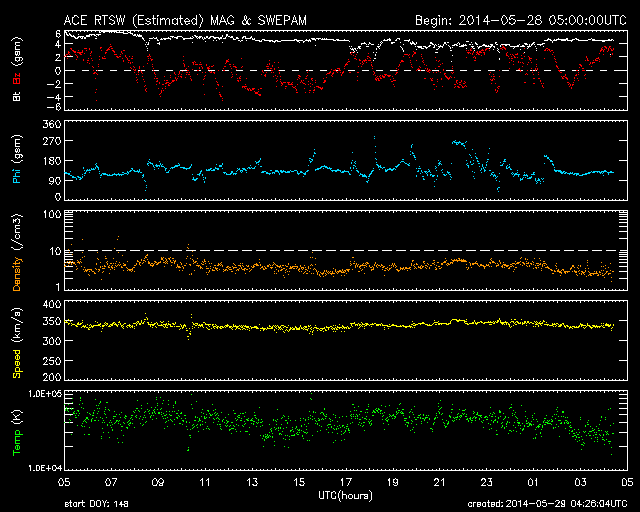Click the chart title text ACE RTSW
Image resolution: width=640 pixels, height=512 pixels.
pos(95,19)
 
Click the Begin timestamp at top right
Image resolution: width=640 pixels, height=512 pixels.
pos(519,19)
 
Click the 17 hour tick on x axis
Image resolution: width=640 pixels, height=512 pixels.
pos(346,482)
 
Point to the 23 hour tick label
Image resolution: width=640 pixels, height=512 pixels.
pos(486,482)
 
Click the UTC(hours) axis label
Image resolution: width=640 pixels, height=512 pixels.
pos(346,494)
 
